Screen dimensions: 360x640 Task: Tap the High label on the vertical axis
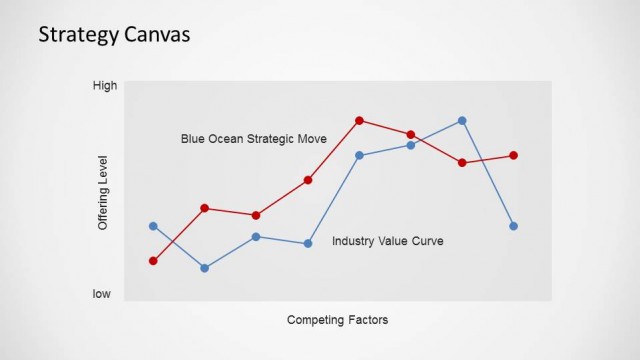pyautogui.click(x=105, y=86)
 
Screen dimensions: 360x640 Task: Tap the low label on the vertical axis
pyautogui.click(x=102, y=294)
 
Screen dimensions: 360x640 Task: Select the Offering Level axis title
pyautogui.click(x=102, y=193)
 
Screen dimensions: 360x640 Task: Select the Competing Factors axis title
pyautogui.click(x=337, y=320)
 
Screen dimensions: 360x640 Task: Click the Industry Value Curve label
pyautogui.click(x=388, y=241)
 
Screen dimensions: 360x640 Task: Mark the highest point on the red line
pyautogui.click(x=359, y=120)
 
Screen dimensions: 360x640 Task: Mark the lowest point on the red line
pyautogui.click(x=153, y=261)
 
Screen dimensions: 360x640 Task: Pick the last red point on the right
pyautogui.click(x=513, y=155)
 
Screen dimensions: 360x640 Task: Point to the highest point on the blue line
pyautogui.click(x=462, y=120)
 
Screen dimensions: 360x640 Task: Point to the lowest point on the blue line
pyautogui.click(x=205, y=268)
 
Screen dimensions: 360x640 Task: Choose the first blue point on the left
pyautogui.click(x=153, y=226)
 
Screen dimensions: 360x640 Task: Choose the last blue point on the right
pyautogui.click(x=513, y=226)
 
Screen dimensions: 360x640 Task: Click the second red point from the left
pyautogui.click(x=205, y=208)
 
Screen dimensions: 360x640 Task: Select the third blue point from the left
pyautogui.click(x=256, y=237)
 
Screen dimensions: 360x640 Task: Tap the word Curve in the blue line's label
pyautogui.click(x=428, y=241)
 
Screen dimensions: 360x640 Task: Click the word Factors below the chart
pyautogui.click(x=365, y=320)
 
